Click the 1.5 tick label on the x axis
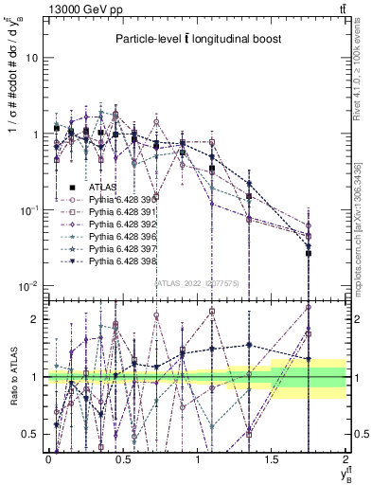click(272, 458)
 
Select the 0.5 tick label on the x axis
click(123, 458)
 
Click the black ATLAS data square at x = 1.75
click(309, 253)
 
